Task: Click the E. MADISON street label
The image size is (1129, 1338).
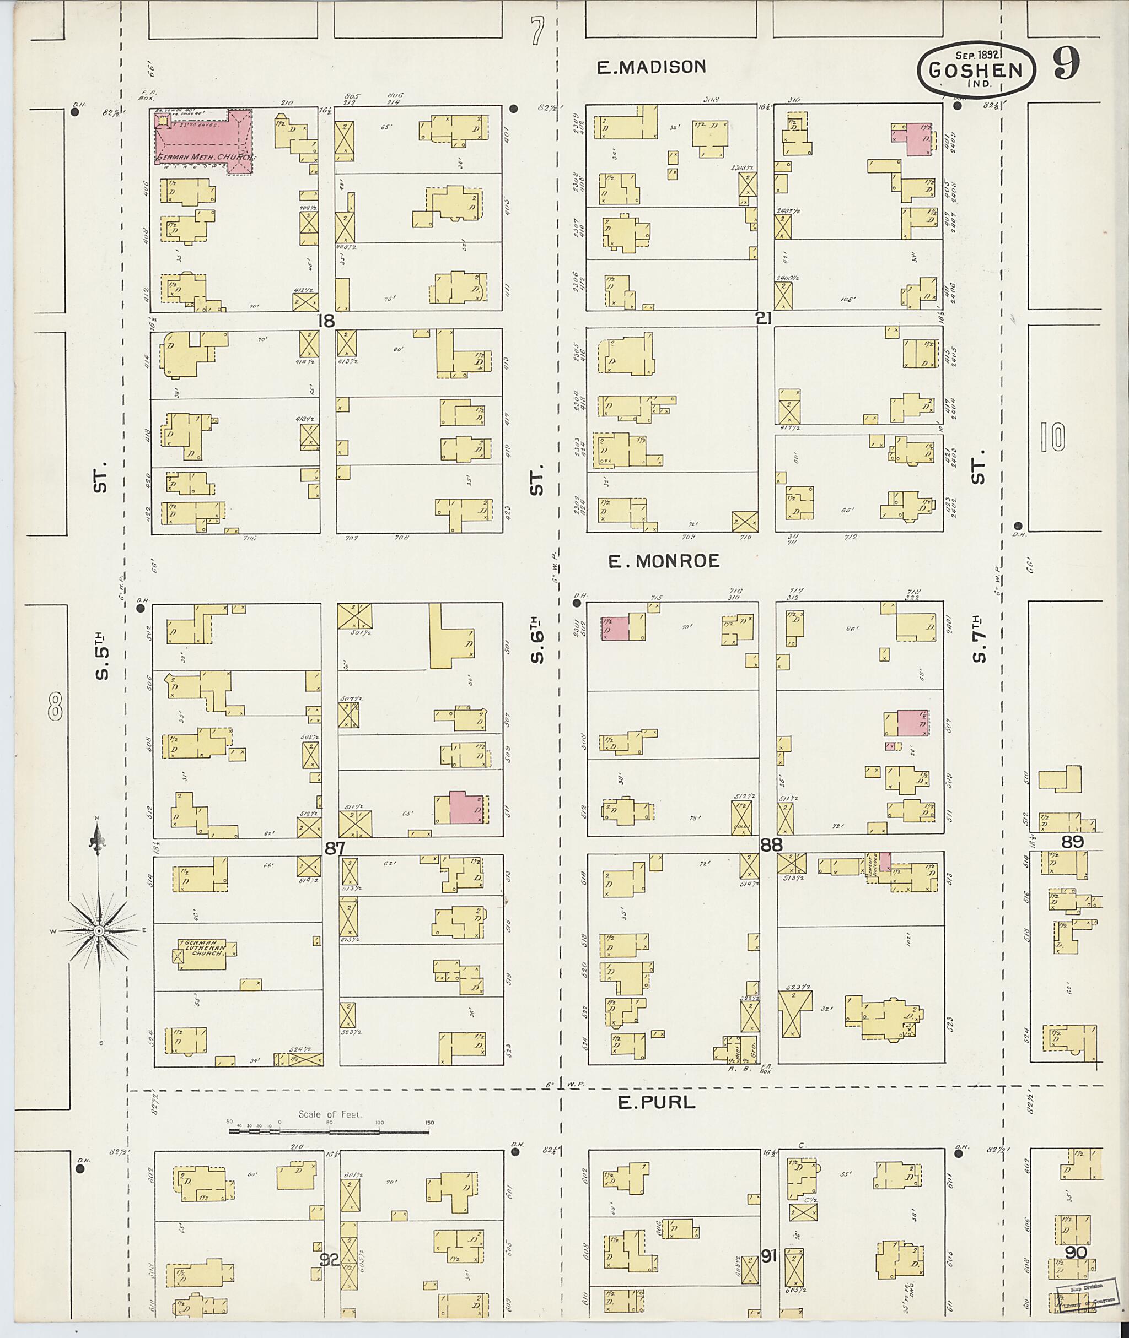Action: tap(651, 67)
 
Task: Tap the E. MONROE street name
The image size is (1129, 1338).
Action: tap(664, 561)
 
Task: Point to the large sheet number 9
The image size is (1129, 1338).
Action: tap(1066, 64)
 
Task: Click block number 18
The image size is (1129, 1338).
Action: tap(326, 321)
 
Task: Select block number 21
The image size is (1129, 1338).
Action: tap(764, 318)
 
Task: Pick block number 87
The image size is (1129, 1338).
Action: tap(334, 848)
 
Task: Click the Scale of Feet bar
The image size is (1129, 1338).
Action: tap(329, 1131)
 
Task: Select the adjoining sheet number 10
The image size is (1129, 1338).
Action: tap(1052, 439)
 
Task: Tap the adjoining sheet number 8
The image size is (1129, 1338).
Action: tap(56, 708)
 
